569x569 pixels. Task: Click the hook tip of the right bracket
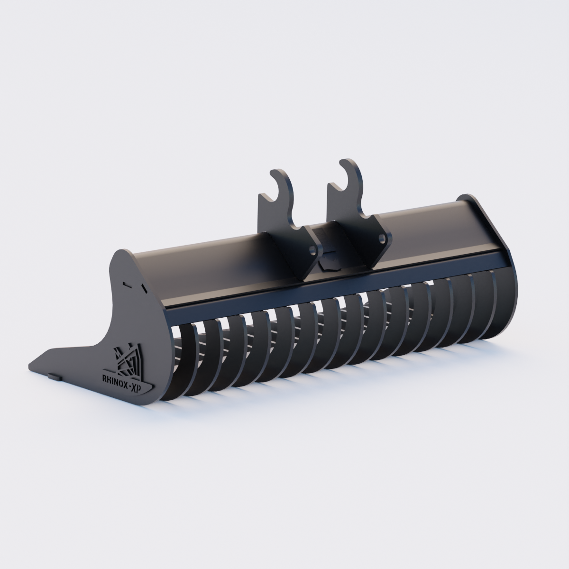click(x=341, y=163)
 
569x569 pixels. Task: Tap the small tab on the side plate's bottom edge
click(x=54, y=376)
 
